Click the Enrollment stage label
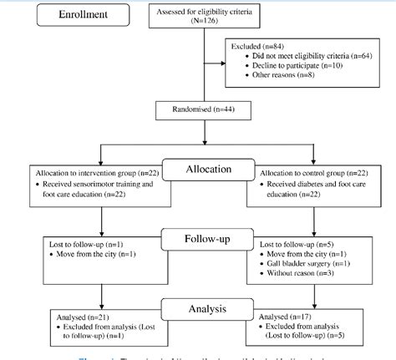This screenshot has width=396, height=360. click(64, 16)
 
